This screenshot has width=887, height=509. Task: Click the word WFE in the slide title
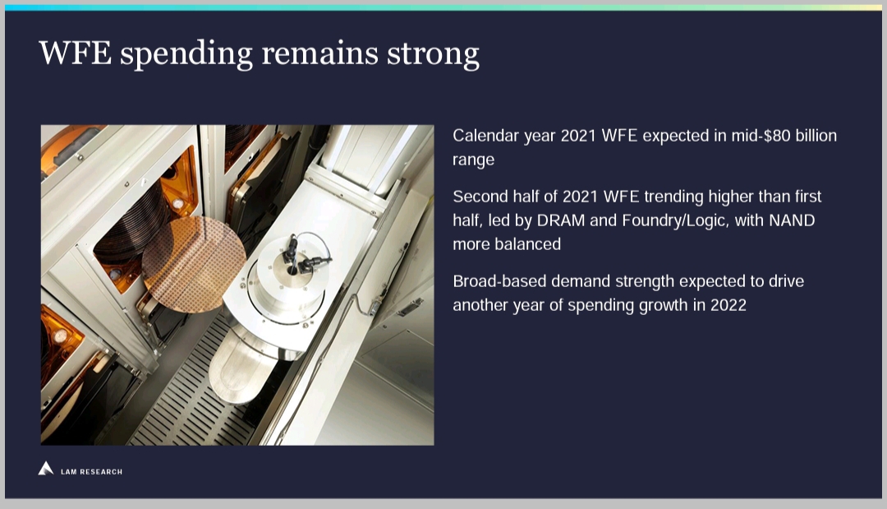coord(75,53)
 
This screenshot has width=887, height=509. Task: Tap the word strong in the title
coord(433,55)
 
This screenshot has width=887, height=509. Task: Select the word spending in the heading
coord(186,55)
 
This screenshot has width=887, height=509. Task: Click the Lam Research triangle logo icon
coord(46,468)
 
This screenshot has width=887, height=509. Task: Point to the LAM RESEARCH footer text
coord(92,472)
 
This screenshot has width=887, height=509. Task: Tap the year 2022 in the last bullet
coord(728,305)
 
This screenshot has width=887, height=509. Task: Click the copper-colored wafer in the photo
coord(194,264)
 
